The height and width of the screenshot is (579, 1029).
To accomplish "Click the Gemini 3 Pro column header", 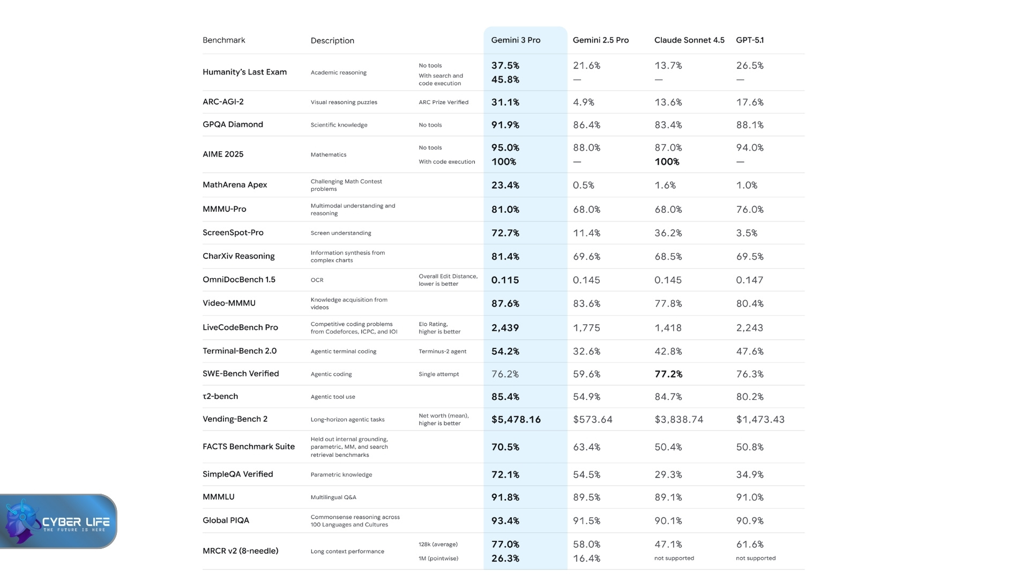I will (x=516, y=40).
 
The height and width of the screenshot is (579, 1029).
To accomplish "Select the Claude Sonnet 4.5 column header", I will (x=689, y=40).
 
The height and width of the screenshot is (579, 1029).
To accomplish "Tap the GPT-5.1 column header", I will (x=750, y=40).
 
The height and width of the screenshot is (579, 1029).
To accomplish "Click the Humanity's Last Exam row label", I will (x=244, y=72).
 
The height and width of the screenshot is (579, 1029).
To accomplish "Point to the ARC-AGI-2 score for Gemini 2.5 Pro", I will (x=584, y=102).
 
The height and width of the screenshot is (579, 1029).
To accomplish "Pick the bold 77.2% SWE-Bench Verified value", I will (x=668, y=374).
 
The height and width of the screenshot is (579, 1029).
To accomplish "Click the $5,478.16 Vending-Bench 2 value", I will (x=516, y=420).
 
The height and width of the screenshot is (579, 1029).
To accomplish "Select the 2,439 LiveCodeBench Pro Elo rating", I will (x=505, y=328).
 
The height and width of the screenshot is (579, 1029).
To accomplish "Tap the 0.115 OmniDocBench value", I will (x=505, y=280).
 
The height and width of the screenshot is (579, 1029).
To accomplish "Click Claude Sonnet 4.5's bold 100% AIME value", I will (x=667, y=162).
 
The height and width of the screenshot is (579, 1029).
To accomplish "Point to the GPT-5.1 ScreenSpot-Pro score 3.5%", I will (x=747, y=233).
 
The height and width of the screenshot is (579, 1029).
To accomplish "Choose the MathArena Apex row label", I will (x=235, y=185).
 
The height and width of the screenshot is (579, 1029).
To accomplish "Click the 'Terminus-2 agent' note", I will (x=442, y=352).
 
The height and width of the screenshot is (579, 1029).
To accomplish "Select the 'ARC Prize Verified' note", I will (x=443, y=102).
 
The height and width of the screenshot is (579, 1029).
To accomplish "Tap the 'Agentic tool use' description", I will (x=333, y=397).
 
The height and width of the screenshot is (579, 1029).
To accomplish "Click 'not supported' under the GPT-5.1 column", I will (x=756, y=559).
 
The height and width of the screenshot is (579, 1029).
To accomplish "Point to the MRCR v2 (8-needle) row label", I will (x=240, y=551).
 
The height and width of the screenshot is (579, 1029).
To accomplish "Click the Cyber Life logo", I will (x=58, y=522).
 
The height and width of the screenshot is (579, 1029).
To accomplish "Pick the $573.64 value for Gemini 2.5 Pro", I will (x=592, y=420).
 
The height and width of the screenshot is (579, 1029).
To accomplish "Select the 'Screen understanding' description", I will (x=341, y=233).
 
